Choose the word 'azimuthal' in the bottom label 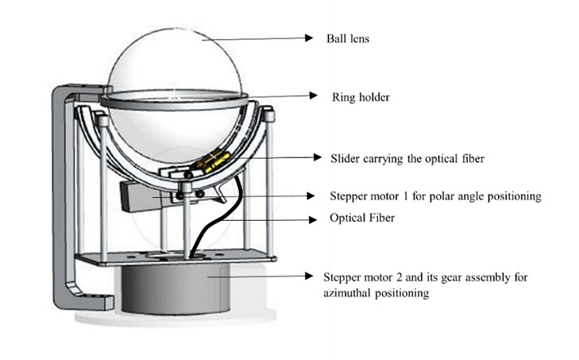[350, 292]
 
